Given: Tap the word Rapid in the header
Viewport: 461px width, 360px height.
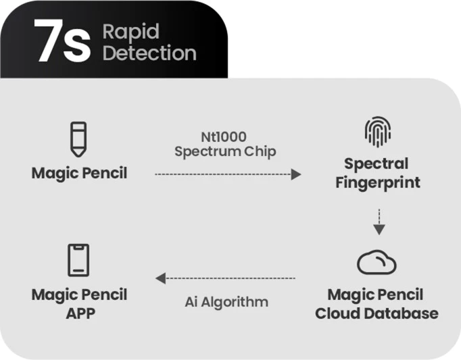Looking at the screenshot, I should [x=130, y=31].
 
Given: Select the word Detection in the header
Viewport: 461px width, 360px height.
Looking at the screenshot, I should [x=149, y=53].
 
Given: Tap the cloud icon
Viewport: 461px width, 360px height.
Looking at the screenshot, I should [x=377, y=263].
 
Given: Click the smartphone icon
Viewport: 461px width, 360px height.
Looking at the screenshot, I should [x=78, y=260].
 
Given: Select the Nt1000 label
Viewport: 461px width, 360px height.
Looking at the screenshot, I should [x=224, y=135].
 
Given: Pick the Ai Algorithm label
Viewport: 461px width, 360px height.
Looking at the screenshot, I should [x=226, y=301].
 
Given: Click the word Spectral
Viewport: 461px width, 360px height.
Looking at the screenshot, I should [x=377, y=163].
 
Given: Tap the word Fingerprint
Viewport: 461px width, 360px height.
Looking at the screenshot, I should [x=378, y=182].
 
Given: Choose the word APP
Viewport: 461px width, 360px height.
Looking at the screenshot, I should [x=79, y=313].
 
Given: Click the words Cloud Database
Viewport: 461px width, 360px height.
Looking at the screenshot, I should [x=377, y=313].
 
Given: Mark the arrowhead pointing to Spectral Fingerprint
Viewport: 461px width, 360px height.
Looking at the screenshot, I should [x=295, y=174].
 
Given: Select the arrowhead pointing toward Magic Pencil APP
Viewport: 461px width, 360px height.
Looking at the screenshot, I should [x=160, y=278].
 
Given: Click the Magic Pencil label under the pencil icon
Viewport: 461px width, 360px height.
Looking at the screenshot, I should [x=79, y=172].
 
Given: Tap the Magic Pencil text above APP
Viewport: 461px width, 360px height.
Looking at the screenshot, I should [x=79, y=294].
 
